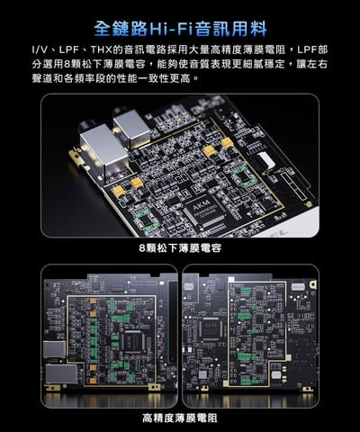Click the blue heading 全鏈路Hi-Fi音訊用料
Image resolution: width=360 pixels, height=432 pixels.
(x=180, y=20)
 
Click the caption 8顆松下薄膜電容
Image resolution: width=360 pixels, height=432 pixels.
(x=180, y=247)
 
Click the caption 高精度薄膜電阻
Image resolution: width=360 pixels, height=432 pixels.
(x=180, y=417)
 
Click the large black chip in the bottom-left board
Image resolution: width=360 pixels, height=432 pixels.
(x=134, y=341)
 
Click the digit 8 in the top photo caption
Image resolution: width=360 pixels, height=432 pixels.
(x=141, y=247)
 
